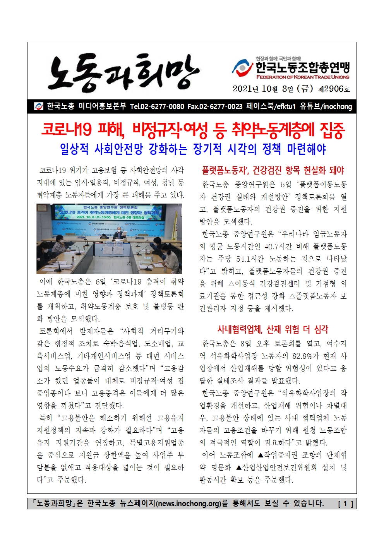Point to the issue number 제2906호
(334, 89)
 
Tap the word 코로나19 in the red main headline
(66, 130)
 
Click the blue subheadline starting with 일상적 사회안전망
(192, 149)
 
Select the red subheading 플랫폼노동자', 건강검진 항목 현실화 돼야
(273, 170)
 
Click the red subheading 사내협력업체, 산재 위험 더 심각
(273, 329)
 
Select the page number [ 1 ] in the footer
(345, 504)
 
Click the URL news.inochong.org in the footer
(189, 504)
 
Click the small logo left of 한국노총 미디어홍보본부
(39, 106)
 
